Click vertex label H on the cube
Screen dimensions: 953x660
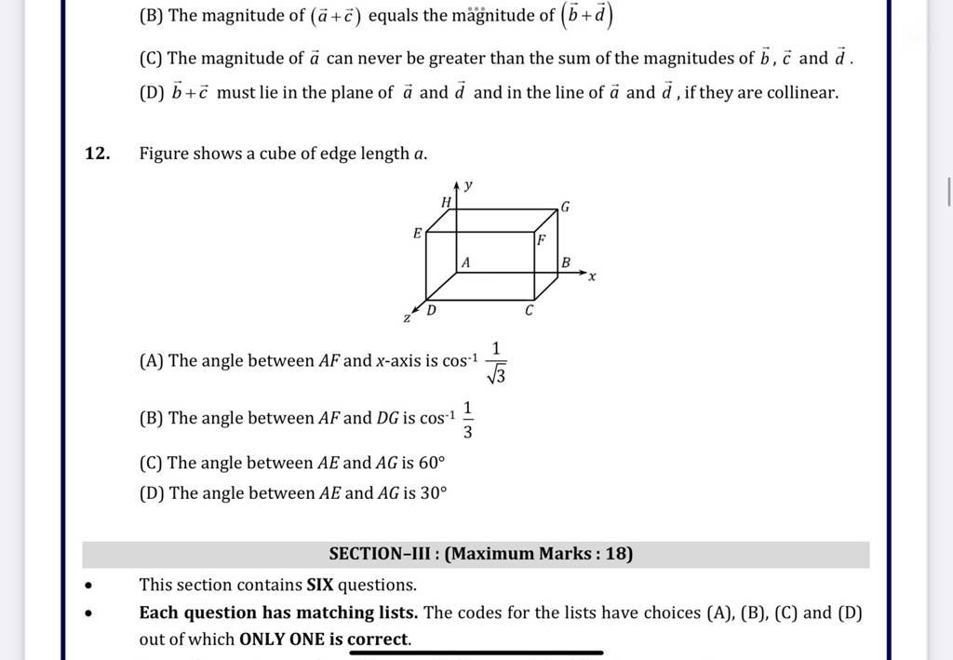click(x=446, y=202)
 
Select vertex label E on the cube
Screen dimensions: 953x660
click(x=418, y=232)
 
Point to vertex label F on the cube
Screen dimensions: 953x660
click(x=540, y=240)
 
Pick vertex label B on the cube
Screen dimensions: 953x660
click(x=564, y=264)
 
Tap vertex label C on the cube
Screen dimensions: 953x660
click(x=530, y=310)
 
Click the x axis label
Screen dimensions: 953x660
click(x=592, y=276)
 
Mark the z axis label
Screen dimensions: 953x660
click(x=407, y=318)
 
